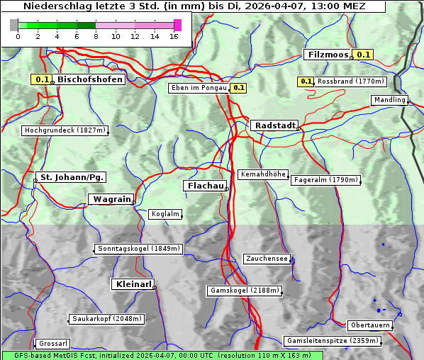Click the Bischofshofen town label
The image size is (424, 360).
(x=90, y=79)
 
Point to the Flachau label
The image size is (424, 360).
(x=206, y=186)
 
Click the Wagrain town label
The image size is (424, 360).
(x=112, y=199)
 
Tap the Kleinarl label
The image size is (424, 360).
(x=133, y=284)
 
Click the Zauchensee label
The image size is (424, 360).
(x=267, y=259)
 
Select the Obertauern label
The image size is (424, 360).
(x=370, y=325)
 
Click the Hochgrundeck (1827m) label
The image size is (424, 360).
(x=65, y=130)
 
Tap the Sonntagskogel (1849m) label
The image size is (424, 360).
(x=139, y=249)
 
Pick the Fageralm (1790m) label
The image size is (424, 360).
(x=325, y=180)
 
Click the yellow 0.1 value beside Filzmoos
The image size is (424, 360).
(x=364, y=55)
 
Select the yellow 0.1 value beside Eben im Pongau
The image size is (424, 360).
(x=238, y=88)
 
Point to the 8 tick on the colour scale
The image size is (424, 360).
(x=96, y=35)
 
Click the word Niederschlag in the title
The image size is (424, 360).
(x=58, y=6)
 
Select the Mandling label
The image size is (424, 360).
(x=389, y=100)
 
